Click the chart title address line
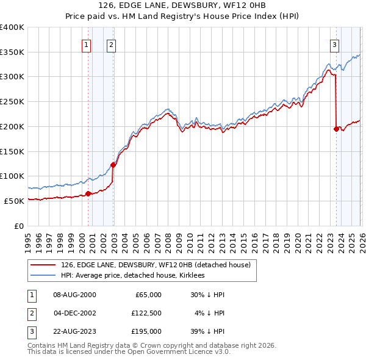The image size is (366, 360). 183,5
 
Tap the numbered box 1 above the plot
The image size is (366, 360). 86,44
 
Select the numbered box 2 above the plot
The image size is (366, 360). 111,44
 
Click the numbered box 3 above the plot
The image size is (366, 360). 334,44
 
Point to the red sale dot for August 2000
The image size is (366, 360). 88,193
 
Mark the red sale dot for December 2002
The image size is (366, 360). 113,165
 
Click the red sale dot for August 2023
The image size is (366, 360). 336,129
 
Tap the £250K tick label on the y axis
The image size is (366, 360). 12,102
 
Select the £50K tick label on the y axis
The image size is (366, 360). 14,201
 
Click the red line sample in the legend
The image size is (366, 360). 43,265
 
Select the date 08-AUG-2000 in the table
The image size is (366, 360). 74,295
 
